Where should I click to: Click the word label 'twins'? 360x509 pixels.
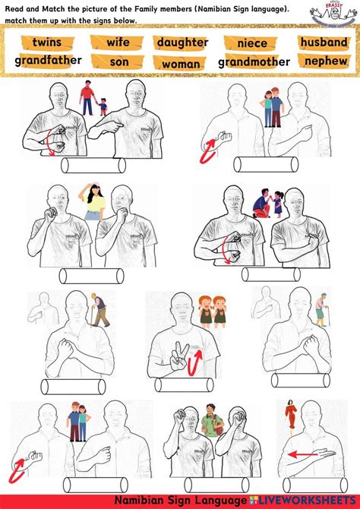[x=47, y=43]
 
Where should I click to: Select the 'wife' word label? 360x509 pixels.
[x=118, y=43]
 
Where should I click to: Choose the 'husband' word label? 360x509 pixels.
[x=324, y=42]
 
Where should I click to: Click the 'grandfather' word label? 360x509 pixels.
[x=48, y=60]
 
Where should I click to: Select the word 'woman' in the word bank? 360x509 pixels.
[x=181, y=64]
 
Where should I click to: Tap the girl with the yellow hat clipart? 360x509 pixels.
[x=95, y=201]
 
